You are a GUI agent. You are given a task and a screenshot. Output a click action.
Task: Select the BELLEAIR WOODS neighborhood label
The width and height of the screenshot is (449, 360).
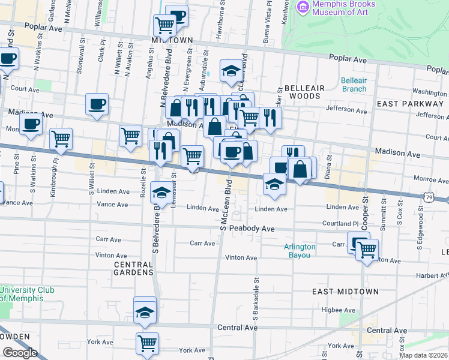304,91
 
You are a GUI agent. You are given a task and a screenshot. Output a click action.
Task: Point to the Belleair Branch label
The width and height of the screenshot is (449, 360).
354,85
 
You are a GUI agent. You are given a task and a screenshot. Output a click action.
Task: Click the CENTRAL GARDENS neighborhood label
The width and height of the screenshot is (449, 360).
133,268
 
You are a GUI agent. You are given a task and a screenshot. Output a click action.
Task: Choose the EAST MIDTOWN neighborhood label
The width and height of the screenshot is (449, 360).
345,292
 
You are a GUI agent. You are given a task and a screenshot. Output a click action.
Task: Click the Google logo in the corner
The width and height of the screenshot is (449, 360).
20,353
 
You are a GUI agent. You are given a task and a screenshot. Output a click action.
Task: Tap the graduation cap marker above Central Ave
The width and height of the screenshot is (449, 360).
145,312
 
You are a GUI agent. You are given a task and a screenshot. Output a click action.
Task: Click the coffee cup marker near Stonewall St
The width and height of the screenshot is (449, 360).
97,104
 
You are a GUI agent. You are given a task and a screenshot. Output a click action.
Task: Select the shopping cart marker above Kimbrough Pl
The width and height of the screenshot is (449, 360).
61,139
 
